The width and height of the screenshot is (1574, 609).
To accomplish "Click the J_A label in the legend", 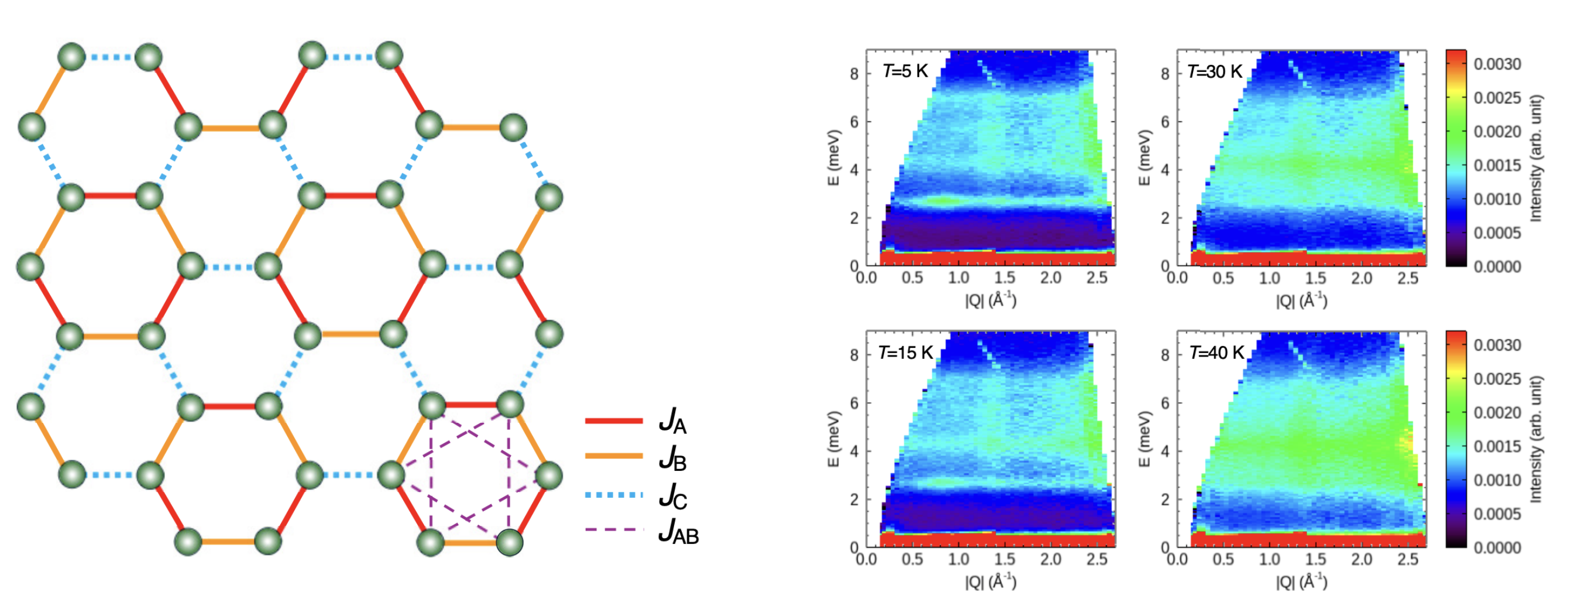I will coord(673,421).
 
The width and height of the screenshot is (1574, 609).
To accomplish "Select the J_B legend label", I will coord(673,458).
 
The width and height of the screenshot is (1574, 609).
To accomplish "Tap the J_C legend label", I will coord(673,496).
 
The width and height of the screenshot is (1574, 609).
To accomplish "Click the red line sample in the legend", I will coord(613,420).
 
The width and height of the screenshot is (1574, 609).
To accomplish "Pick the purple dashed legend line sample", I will coord(613,529).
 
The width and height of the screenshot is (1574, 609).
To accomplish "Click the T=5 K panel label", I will coord(905,71).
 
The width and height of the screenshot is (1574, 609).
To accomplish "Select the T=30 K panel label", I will coord(1214,71).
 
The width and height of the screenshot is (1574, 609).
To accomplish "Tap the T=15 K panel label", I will coord(906,353).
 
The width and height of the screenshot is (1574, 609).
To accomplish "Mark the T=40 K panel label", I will coord(1216,353).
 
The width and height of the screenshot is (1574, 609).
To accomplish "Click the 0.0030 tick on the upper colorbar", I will coord(1497,64).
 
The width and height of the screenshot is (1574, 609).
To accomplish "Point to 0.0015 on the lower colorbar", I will coord(1497,446).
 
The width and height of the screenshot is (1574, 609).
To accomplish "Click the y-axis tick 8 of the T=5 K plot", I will coord(854,74).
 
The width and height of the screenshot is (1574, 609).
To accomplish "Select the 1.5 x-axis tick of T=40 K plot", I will coord(1315,559).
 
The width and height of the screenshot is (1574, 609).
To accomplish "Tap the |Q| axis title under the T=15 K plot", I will coord(991,581).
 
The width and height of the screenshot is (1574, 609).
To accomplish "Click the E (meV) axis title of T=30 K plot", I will coord(1145,158).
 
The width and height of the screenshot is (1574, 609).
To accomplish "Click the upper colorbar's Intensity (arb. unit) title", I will coord(1535,158).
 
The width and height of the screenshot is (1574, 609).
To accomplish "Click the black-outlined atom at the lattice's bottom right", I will coord(510,542).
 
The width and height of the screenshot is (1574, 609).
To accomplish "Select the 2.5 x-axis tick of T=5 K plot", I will coord(1097,278).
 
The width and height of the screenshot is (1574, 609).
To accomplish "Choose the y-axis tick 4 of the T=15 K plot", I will coord(854,451).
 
